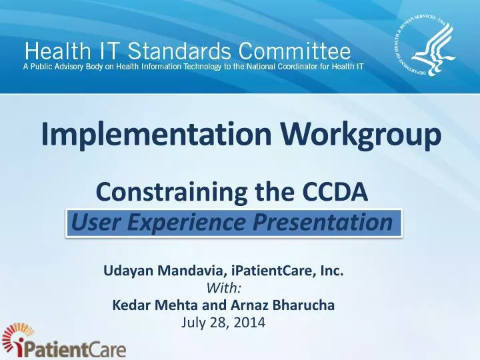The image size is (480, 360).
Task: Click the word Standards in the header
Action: coord(170,51)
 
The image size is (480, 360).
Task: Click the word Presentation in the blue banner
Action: coord(321,223)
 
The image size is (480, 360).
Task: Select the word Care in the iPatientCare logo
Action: coord(103,350)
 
